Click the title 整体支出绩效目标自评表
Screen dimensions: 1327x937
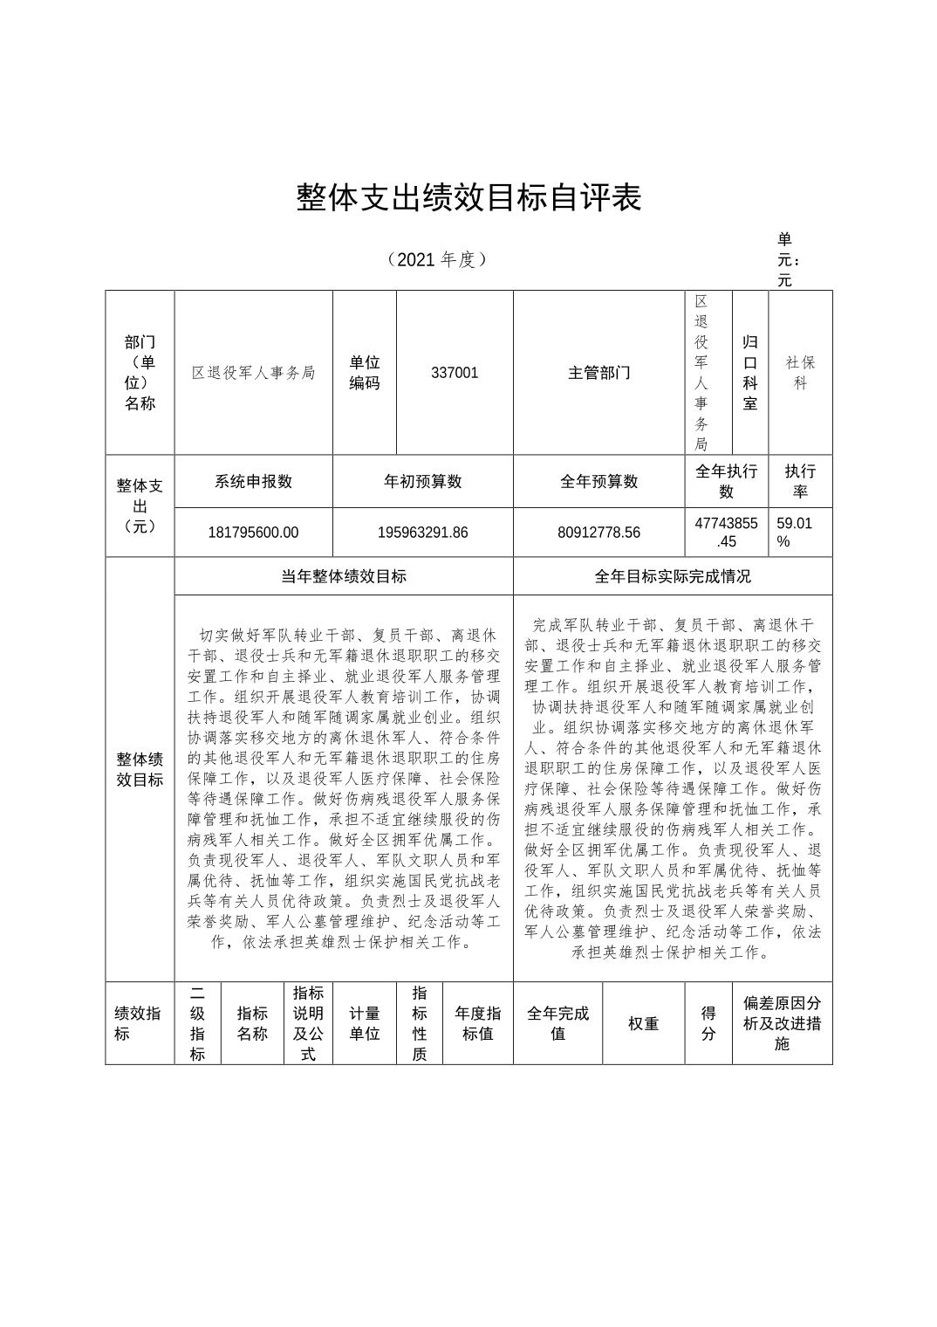tap(468, 197)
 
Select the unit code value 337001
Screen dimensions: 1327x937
tap(455, 373)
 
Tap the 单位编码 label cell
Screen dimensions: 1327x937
tap(365, 373)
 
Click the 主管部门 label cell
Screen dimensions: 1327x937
tap(599, 373)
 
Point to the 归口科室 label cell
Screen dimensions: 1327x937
tap(750, 373)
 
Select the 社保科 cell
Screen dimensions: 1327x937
tap(800, 373)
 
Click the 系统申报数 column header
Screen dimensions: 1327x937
tap(253, 481)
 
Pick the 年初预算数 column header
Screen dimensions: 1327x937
tap(423, 481)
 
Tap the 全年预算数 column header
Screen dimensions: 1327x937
tap(599, 481)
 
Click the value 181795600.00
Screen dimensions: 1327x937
tap(253, 533)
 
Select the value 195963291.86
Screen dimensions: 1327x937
tap(423, 533)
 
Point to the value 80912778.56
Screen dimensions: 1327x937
tap(599, 533)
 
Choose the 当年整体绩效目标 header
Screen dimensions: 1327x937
tap(344, 576)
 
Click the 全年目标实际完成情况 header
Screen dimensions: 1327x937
tap(673, 576)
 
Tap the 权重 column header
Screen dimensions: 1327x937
tap(643, 1023)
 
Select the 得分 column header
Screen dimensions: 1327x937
tap(708, 1023)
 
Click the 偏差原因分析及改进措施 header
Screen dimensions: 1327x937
tap(782, 1023)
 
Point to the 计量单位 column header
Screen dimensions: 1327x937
tap(365, 1023)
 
